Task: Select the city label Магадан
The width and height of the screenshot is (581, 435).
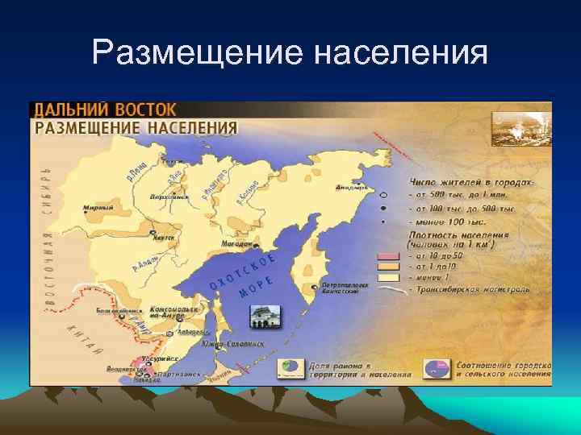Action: pos(237,242)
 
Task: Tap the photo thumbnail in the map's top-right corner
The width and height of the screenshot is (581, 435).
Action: pos(521,129)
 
